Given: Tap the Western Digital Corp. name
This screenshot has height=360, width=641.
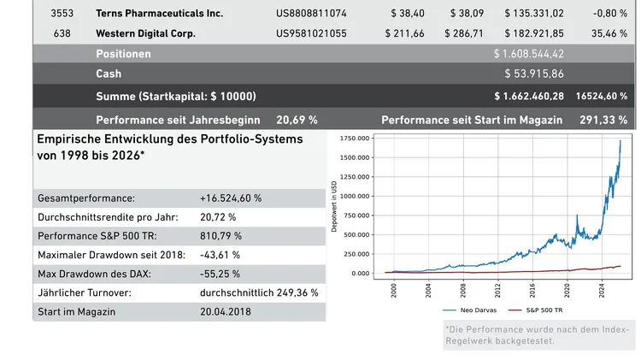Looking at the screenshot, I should tap(145, 33).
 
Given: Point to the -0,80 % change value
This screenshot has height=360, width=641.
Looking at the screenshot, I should tap(609, 14).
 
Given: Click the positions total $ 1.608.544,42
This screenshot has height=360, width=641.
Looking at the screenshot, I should tap(529, 54).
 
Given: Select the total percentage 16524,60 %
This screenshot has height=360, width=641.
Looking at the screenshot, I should tap(602, 96).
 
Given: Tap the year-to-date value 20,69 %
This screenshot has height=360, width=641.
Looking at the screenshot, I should tap(297, 120).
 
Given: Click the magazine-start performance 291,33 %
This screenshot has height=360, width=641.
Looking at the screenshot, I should tap(605, 120).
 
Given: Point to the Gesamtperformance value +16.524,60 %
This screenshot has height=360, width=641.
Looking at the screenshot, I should tap(231, 198).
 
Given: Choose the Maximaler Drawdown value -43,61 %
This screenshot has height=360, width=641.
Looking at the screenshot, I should tap(220, 254).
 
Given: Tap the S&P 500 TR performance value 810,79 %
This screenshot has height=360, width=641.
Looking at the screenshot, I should tap(221, 235).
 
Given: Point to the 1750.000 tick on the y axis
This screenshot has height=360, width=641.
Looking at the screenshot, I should tap(356, 138).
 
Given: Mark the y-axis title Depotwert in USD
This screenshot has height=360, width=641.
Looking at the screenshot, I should tap(334, 205).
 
